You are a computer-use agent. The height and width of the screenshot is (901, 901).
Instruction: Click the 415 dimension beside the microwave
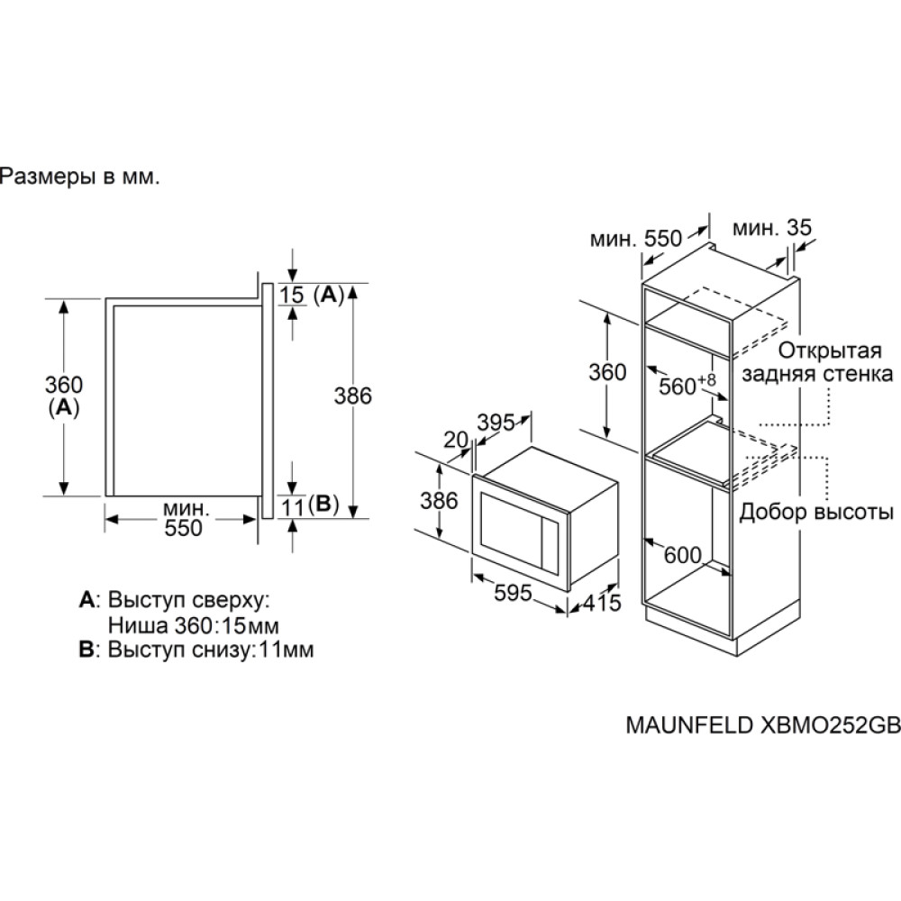[599, 603]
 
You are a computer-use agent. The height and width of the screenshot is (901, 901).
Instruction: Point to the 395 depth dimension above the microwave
[495, 422]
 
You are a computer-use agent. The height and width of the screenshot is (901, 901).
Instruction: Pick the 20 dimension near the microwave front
[457, 440]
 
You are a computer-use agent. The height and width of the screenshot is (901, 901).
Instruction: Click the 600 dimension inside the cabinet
[682, 555]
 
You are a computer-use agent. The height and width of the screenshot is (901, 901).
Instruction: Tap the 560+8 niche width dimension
[687, 385]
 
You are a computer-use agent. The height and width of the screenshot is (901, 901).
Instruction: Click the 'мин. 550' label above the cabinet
[636, 238]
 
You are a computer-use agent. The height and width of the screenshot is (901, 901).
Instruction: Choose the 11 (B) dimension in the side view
[309, 506]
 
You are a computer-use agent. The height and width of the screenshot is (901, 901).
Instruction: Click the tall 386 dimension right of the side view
[353, 396]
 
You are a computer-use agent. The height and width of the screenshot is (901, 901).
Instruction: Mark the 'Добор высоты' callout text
[816, 513]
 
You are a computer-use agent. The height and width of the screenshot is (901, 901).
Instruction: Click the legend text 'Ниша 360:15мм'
[192, 624]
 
